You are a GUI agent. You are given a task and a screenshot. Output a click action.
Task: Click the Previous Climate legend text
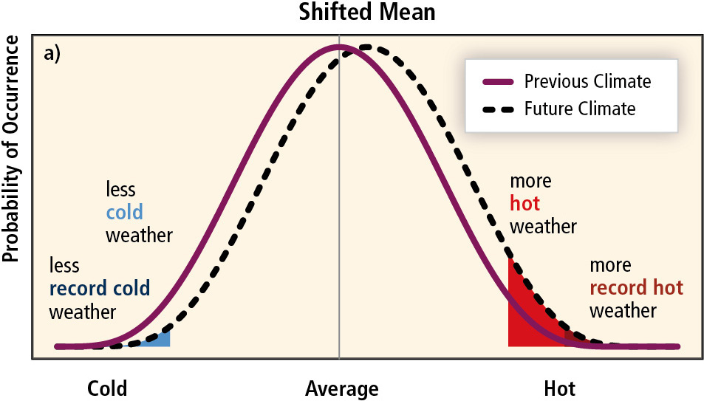(x=587, y=80)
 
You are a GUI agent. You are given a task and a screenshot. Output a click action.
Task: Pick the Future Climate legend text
(x=580, y=109)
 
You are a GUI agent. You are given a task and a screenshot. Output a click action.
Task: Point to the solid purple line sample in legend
(x=498, y=80)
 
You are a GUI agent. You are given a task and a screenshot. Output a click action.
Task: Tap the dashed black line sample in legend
(x=498, y=109)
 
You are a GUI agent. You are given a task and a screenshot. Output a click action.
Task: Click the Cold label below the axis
(x=107, y=388)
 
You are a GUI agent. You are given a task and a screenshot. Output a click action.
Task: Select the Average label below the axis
(x=341, y=388)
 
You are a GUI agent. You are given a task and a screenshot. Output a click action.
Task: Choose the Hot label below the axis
(x=559, y=388)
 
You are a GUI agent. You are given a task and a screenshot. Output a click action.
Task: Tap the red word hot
(x=524, y=204)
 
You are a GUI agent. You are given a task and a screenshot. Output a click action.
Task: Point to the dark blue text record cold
(x=100, y=287)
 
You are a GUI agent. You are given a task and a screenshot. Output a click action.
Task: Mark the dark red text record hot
(x=636, y=287)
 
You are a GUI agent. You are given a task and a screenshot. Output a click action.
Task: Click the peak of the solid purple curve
(x=338, y=48)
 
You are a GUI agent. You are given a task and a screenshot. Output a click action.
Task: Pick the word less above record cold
(x=64, y=264)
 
